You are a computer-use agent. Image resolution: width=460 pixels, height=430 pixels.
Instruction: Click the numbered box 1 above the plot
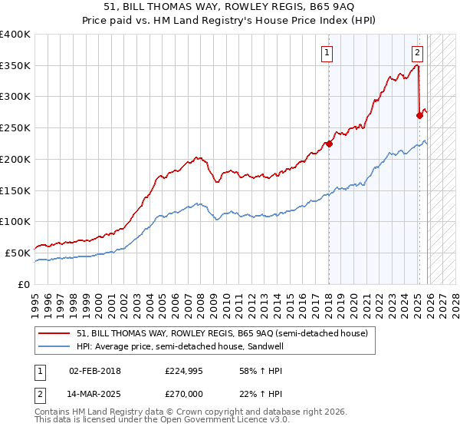point(327,53)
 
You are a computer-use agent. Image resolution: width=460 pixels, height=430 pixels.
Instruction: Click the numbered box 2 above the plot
point(417,53)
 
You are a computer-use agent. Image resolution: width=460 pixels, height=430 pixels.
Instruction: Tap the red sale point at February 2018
point(329,143)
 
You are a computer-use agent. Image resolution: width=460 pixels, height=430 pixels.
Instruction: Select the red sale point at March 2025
point(419,115)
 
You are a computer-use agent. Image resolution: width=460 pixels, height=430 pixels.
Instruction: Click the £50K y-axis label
point(18,253)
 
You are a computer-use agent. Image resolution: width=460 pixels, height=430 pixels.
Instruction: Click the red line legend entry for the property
point(222,333)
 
